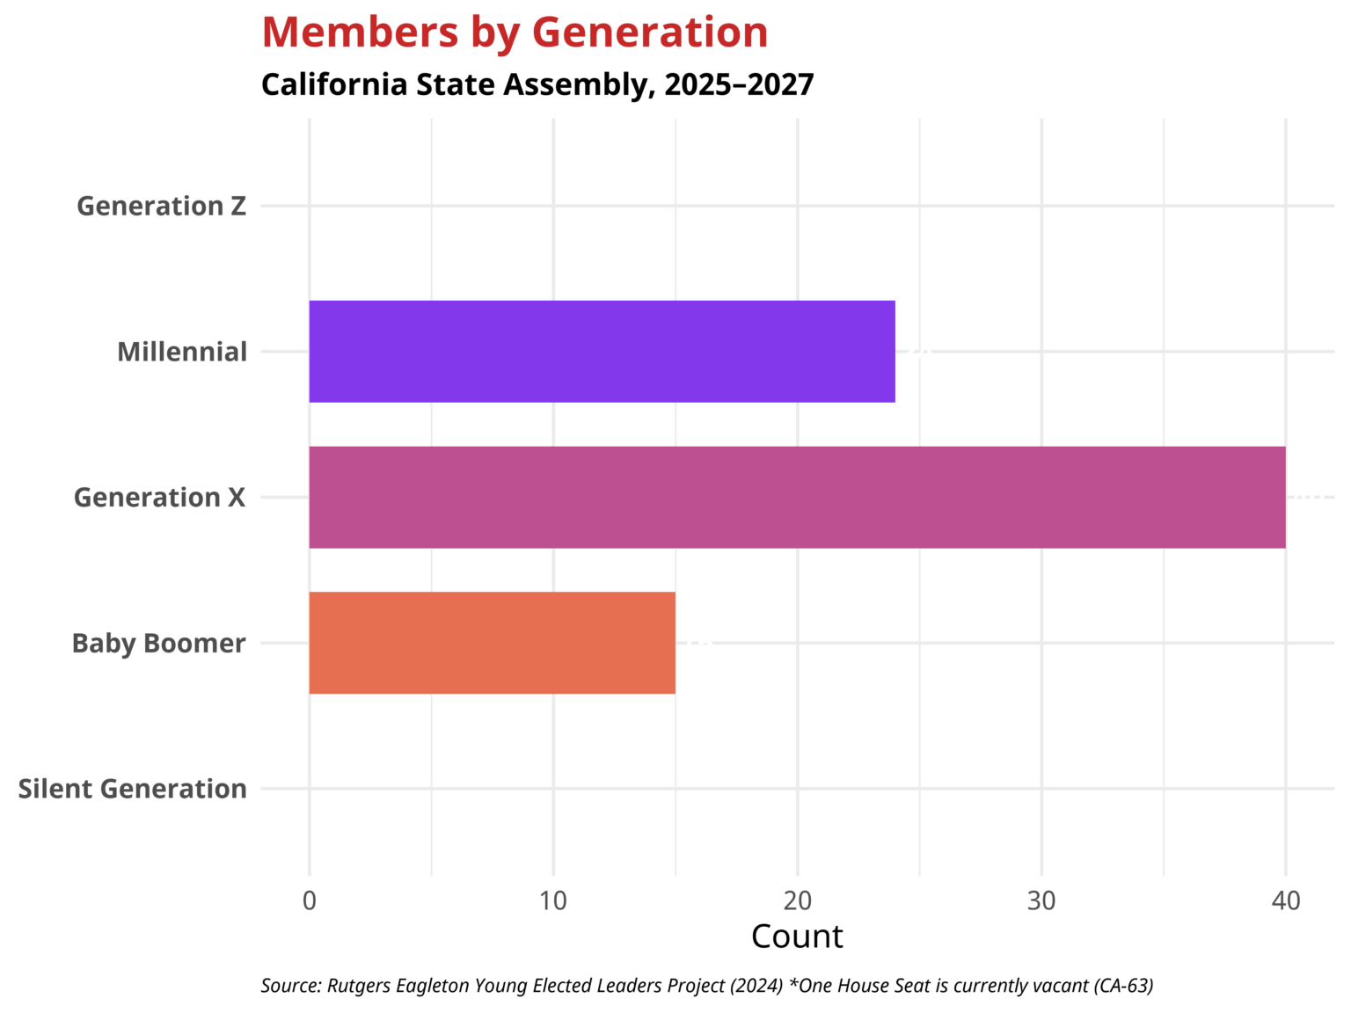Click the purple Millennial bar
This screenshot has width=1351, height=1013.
tap(602, 352)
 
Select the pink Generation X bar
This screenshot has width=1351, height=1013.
tap(797, 498)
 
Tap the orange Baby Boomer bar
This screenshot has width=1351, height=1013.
tap(492, 643)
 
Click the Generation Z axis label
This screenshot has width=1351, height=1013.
tap(161, 206)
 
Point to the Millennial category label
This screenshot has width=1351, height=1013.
tap(182, 352)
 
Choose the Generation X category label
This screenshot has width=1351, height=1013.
tap(159, 498)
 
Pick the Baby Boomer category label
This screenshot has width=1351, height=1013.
tap(158, 643)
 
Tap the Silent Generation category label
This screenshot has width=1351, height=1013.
tap(132, 789)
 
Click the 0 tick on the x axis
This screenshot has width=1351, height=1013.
tap(309, 901)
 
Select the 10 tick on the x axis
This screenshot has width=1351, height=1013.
tap(553, 901)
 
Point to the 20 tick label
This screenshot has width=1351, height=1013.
tap(797, 901)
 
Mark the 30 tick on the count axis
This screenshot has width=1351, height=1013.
tap(1041, 901)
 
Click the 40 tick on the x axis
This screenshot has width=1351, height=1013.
tap(1285, 901)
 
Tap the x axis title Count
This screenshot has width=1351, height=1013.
tap(797, 936)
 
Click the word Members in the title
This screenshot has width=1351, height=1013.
tap(360, 33)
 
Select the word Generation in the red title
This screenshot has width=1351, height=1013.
tap(650, 33)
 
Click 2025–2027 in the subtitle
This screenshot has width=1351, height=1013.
tap(739, 84)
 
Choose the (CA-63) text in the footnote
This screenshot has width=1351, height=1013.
tap(1123, 986)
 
